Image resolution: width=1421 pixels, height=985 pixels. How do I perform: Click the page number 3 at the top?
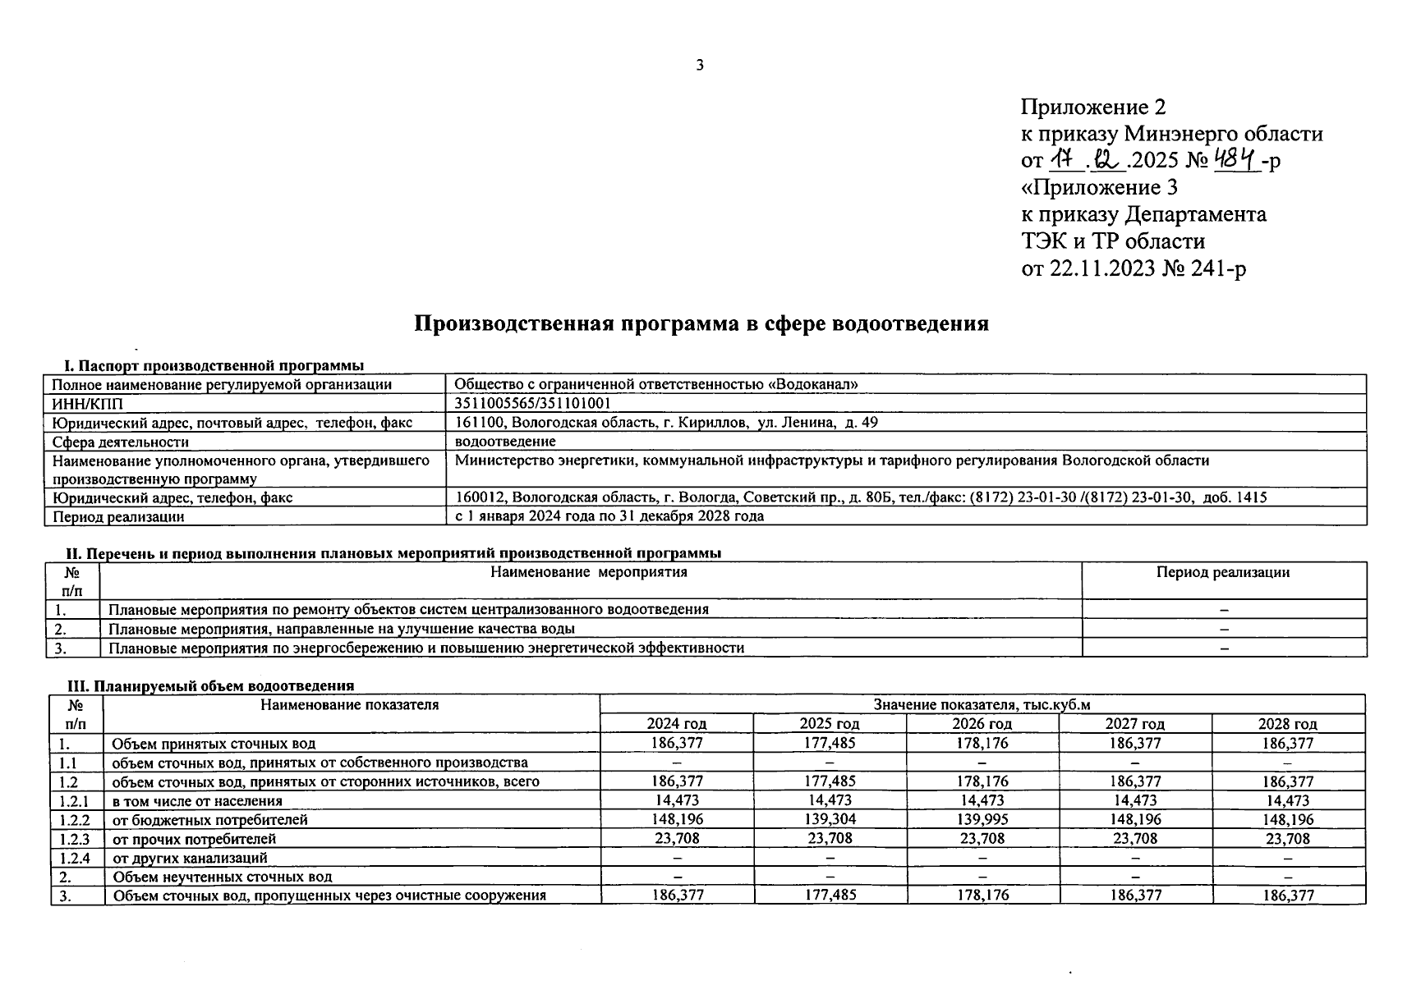tap(699, 66)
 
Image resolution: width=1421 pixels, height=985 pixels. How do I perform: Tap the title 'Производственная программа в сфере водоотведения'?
tap(701, 323)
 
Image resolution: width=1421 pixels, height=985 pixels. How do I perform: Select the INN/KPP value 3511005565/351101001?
tap(532, 404)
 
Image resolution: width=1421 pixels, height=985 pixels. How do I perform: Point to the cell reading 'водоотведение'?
tap(504, 442)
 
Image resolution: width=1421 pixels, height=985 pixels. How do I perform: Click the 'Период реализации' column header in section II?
tap(1223, 573)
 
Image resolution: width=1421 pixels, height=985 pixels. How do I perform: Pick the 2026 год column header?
tap(982, 724)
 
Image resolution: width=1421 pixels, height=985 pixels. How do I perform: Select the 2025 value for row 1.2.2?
tap(829, 820)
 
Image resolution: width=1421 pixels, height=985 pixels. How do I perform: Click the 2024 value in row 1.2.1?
tap(677, 800)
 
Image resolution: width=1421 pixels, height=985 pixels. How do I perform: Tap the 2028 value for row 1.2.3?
tap(1287, 839)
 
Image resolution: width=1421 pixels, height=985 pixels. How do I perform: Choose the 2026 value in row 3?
tap(982, 896)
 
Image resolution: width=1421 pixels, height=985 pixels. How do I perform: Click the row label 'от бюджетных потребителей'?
tap(209, 820)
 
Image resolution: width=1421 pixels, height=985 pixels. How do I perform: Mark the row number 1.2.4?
tap(76, 858)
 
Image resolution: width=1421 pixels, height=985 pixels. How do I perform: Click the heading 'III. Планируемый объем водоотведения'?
tap(209, 686)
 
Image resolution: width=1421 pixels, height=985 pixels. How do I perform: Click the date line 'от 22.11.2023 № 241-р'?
tap(1133, 268)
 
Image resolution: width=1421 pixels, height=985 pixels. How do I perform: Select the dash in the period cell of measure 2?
tap(1224, 630)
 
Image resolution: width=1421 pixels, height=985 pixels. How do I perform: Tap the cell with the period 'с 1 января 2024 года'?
tap(609, 516)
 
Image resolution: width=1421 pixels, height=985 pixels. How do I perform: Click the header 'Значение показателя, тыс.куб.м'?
tap(982, 705)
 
